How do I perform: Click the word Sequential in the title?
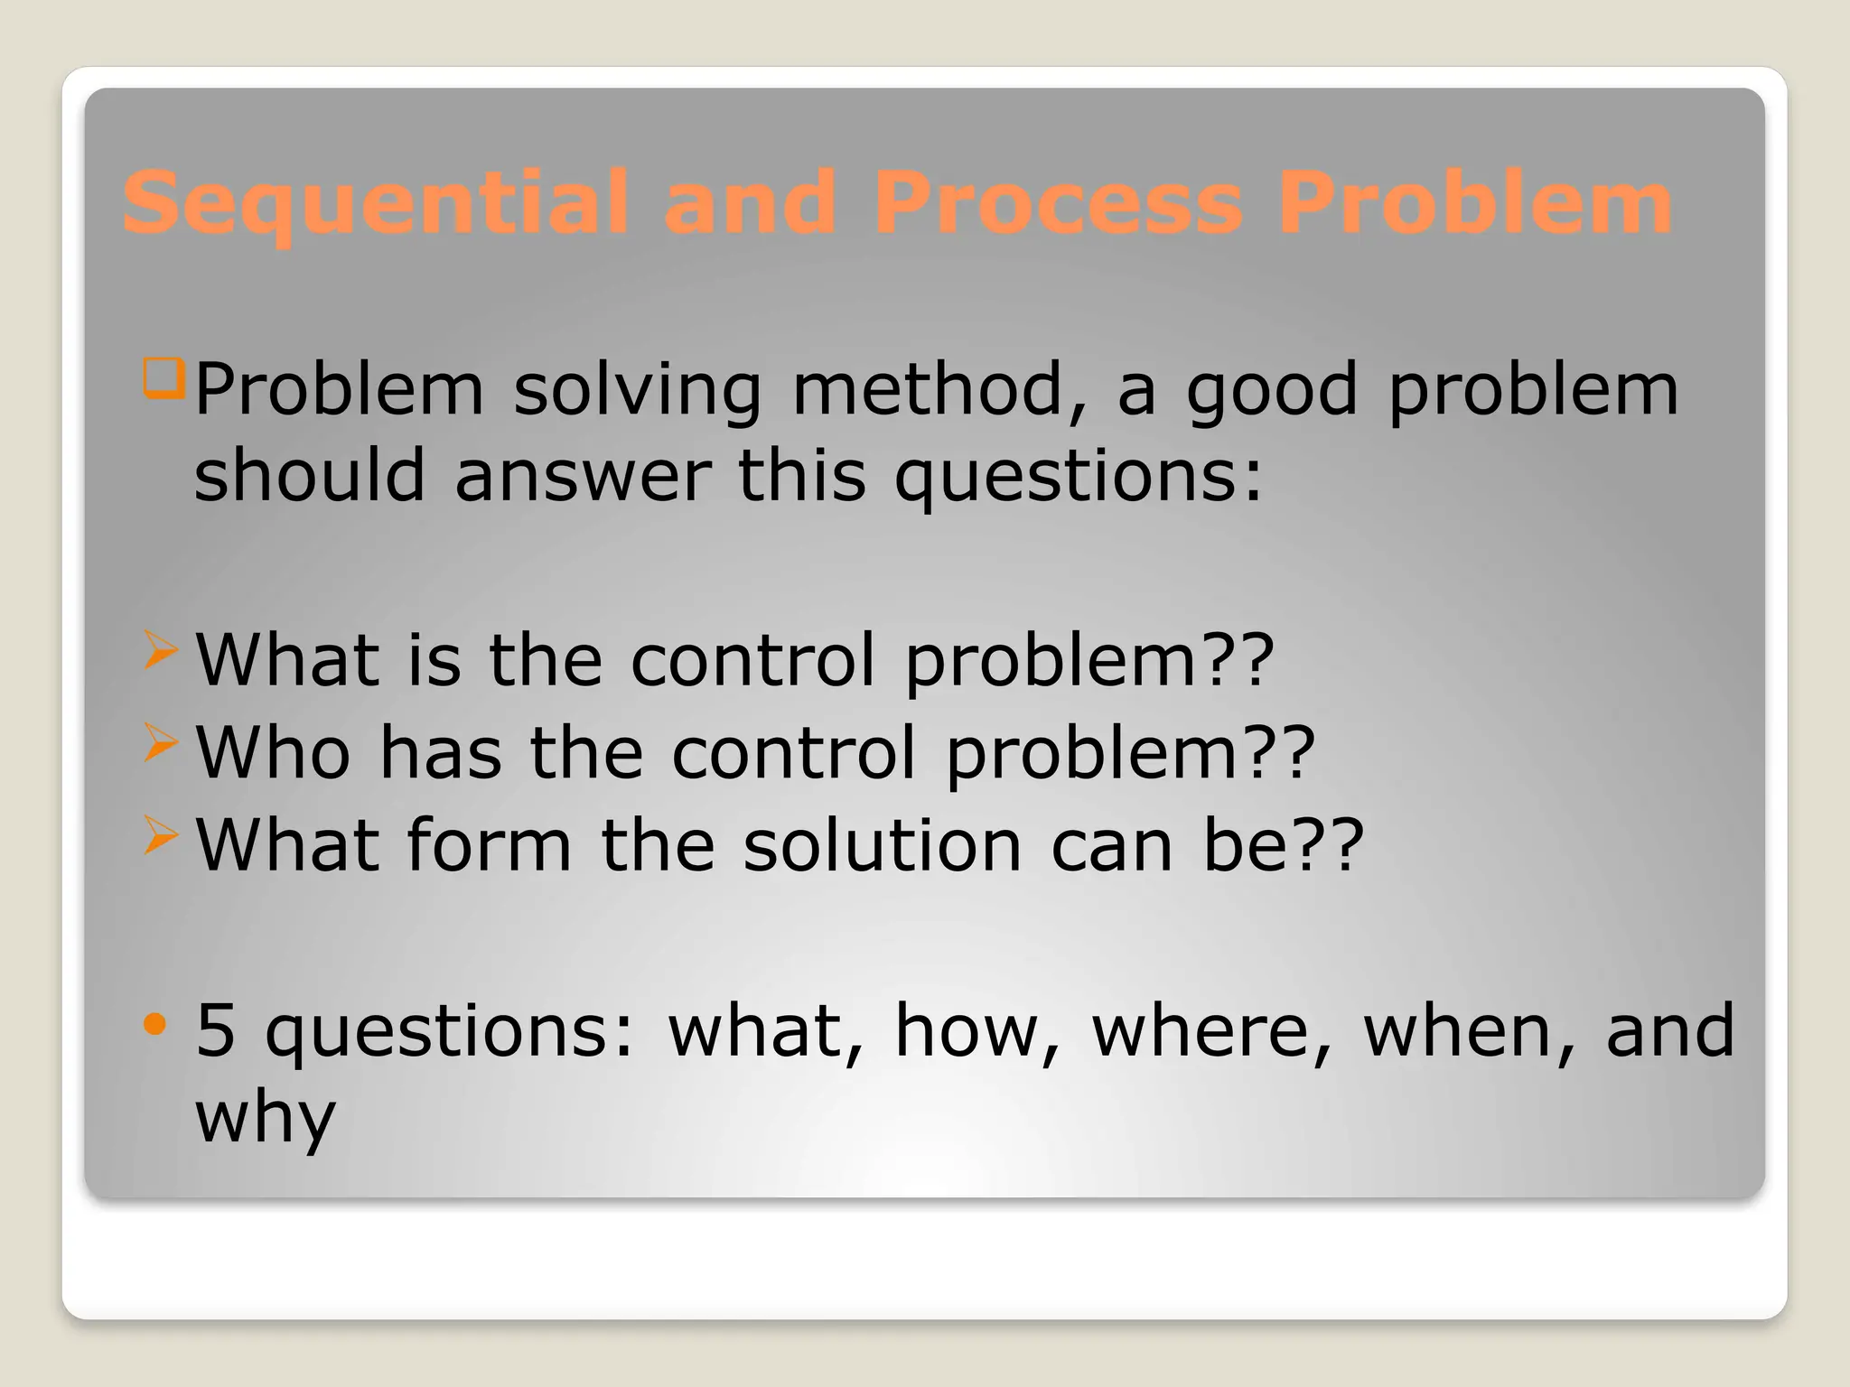375,204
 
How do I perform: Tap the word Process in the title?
1058,204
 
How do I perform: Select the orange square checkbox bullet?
164,377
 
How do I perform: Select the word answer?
583,475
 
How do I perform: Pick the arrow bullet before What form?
160,835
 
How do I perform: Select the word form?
489,845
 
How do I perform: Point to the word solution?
882,845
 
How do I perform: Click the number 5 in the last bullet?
215,1030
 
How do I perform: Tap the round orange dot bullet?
155,1023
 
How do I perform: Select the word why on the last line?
266,1118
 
